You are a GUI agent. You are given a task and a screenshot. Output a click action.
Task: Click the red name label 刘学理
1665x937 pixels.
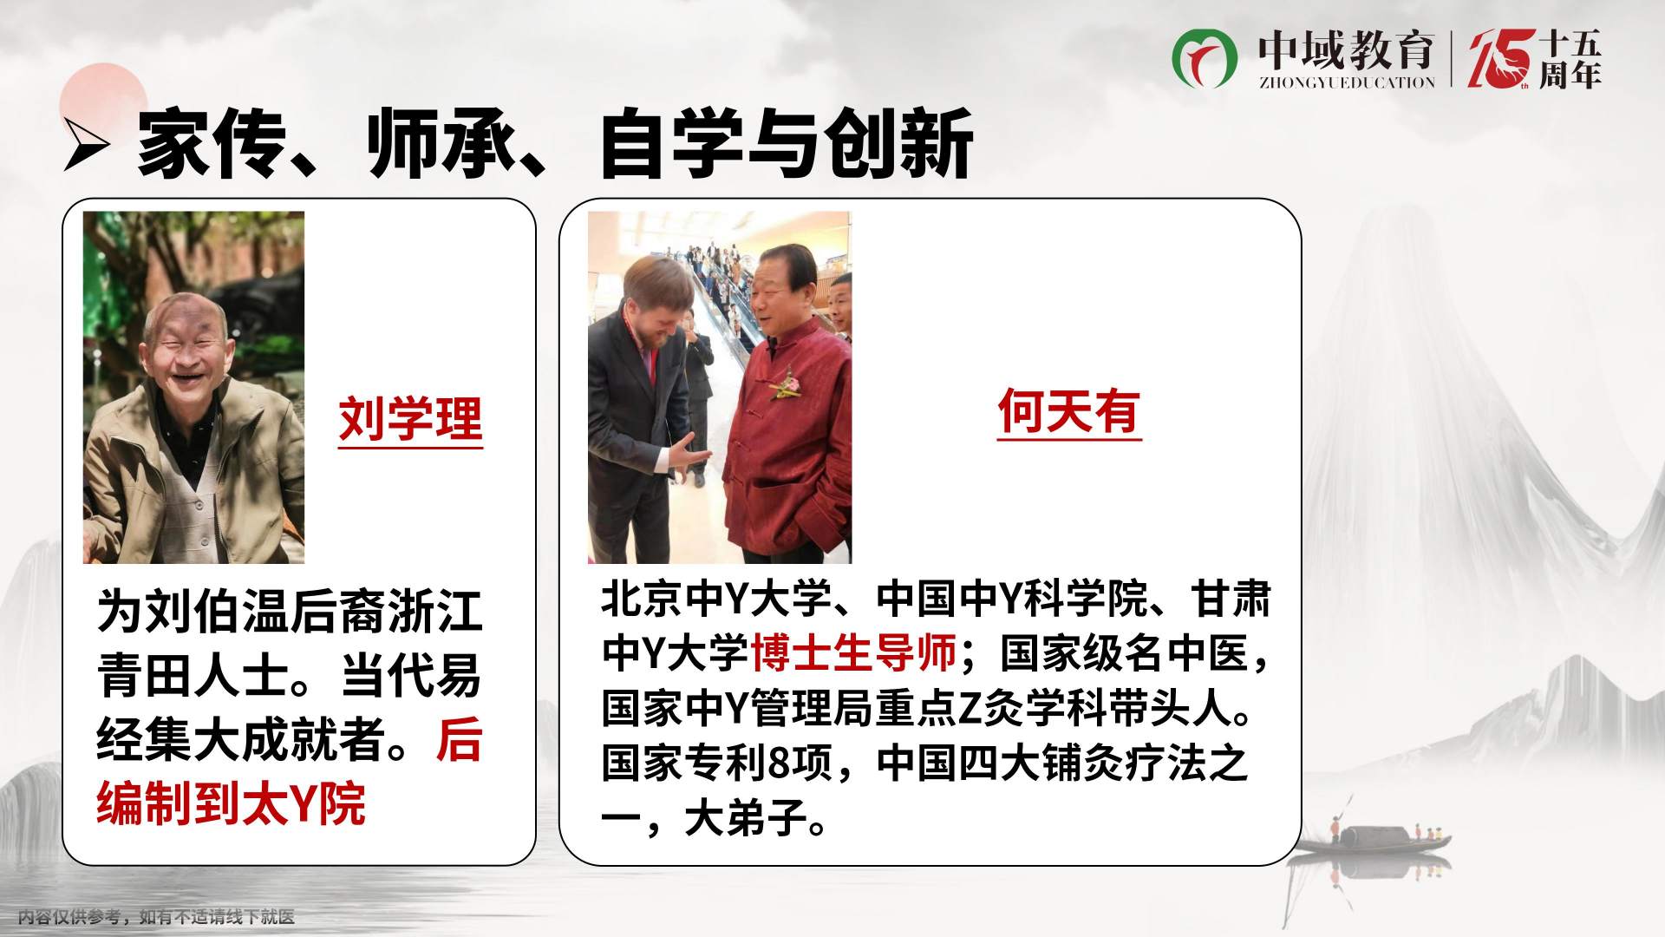point(410,420)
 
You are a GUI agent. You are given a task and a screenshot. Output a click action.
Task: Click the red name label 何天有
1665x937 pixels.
point(1068,410)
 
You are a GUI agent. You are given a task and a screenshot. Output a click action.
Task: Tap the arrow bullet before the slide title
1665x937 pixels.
point(87,145)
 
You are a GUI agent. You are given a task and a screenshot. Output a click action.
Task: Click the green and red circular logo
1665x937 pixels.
point(1205,57)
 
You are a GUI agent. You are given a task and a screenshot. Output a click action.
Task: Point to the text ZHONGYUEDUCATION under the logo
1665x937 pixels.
point(1347,82)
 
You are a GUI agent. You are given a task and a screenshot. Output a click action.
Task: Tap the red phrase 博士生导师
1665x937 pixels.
point(853,653)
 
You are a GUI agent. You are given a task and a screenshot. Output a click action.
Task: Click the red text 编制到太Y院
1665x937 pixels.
point(232,803)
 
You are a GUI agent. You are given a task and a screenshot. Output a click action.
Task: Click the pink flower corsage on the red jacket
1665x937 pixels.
point(787,383)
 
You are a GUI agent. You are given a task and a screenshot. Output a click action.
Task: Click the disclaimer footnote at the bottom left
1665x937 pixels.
point(157,916)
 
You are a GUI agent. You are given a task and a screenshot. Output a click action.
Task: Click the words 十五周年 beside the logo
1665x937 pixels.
point(1570,59)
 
